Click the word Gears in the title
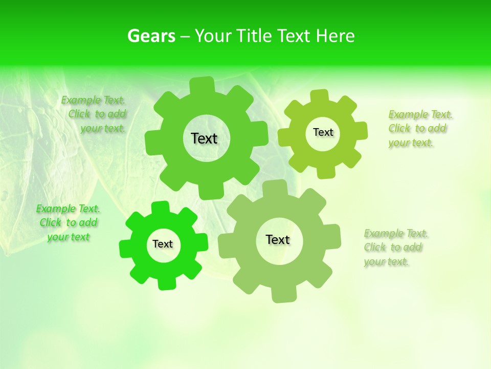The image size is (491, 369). (151, 36)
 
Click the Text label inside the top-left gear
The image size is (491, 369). (204, 138)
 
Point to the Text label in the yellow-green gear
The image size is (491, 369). (323, 132)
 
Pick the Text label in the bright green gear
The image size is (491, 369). (163, 244)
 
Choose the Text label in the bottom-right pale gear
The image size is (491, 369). (278, 239)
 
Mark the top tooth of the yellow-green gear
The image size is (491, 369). (319, 96)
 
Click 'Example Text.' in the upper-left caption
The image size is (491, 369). (93, 100)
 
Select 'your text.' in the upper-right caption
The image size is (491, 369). (411, 143)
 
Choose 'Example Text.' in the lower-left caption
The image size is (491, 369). (68, 209)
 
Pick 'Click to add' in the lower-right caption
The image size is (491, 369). (393, 248)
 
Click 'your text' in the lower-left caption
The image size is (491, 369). (68, 237)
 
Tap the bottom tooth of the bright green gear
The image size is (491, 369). (167, 283)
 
